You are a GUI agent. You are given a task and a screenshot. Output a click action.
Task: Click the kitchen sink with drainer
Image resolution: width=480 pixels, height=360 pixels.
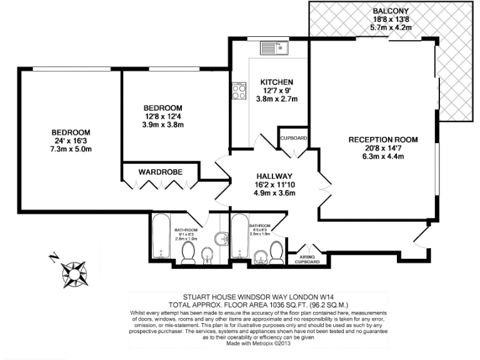click(273, 47)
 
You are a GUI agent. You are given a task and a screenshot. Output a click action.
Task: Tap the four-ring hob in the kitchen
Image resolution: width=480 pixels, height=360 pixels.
click(239, 92)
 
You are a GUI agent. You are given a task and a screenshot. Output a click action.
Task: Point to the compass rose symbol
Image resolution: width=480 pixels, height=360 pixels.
click(75, 272)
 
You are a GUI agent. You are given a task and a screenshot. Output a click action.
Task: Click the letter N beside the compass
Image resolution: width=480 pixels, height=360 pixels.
click(54, 256)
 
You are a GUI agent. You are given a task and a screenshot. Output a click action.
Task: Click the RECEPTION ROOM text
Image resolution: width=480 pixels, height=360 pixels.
click(383, 139)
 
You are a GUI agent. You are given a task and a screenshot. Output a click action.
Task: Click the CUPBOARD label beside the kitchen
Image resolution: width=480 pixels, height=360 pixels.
click(292, 137)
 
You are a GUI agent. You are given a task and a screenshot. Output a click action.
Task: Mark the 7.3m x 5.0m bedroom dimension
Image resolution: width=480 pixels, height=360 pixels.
click(71, 151)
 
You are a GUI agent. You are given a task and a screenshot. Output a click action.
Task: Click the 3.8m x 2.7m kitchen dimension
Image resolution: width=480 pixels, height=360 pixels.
click(277, 99)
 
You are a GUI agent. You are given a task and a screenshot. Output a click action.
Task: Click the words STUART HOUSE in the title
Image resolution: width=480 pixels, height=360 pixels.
click(209, 298)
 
